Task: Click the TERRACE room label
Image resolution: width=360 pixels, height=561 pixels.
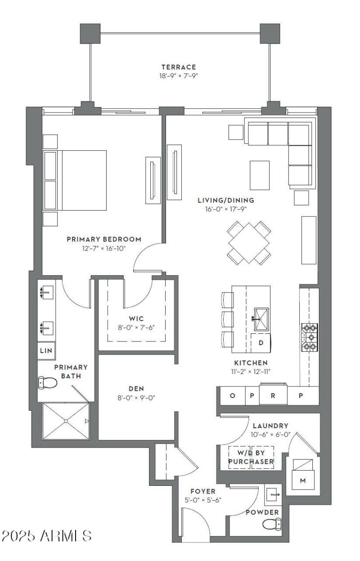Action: (179, 67)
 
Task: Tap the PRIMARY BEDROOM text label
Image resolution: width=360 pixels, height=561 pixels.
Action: (104, 239)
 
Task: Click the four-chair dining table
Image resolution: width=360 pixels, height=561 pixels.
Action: (249, 242)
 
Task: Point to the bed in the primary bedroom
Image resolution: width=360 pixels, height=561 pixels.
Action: (76, 180)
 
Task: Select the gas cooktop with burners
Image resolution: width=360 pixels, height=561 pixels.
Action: (309, 337)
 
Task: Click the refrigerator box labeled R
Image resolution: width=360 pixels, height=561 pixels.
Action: (272, 396)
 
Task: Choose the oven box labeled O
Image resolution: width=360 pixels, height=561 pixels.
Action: (232, 396)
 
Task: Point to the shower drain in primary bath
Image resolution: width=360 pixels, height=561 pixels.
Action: (66, 421)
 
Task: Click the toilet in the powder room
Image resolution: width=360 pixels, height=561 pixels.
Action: (272, 524)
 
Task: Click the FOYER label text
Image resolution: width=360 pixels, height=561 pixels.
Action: (202, 491)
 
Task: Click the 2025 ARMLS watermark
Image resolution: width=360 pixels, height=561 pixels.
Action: (47, 536)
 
